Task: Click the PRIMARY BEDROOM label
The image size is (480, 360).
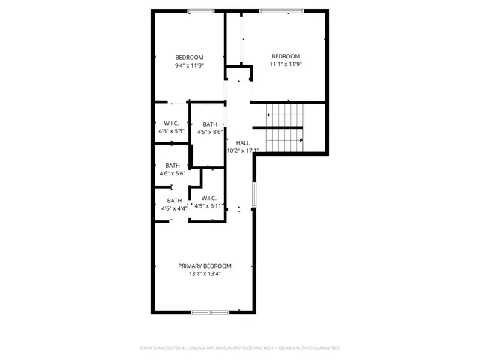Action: pyautogui.click(x=204, y=265)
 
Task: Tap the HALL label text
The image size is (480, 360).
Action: pyautogui.click(x=243, y=142)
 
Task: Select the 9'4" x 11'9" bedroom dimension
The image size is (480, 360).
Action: pyautogui.click(x=189, y=65)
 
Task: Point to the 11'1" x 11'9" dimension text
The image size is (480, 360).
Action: pyautogui.click(x=286, y=64)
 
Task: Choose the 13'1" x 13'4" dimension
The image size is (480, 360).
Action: pyautogui.click(x=204, y=274)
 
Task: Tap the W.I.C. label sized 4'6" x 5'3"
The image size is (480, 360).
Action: pyautogui.click(x=171, y=123)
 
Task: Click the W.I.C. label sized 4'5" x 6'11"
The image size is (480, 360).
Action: pyautogui.click(x=209, y=198)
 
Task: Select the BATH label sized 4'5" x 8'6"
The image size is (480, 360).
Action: pyautogui.click(x=210, y=124)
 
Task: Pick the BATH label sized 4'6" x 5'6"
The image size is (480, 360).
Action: pyautogui.click(x=172, y=166)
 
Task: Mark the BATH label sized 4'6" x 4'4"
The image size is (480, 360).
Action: pyautogui.click(x=174, y=200)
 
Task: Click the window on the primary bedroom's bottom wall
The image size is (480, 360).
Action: pyautogui.click(x=210, y=311)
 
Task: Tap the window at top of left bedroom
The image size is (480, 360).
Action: pyautogui.click(x=200, y=10)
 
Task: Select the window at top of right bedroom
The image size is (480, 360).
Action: pyautogui.click(x=282, y=10)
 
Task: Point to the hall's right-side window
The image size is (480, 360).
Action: pyautogui.click(x=255, y=195)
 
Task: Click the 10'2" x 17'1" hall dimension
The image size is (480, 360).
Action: pyautogui.click(x=243, y=151)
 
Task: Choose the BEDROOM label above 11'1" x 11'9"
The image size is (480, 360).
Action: pyautogui.click(x=286, y=56)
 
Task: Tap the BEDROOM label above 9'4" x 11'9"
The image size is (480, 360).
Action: pyautogui.click(x=189, y=58)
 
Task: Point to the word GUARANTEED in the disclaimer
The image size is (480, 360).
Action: pyautogui.click(x=323, y=348)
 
